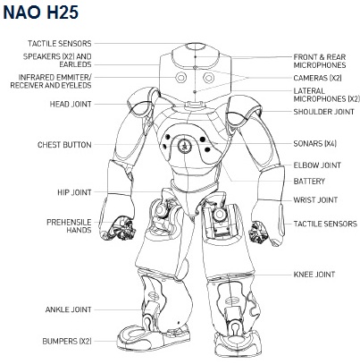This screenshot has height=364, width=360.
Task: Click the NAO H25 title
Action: coord(41,13)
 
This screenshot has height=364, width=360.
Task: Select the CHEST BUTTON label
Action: coord(64,145)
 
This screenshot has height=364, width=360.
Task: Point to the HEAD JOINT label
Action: coord(71,104)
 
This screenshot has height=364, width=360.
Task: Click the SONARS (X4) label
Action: coord(314,143)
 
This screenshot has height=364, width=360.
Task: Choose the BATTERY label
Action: coord(309,181)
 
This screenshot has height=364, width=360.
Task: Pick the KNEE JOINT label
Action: coord(314,274)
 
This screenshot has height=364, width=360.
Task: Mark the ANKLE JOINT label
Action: coord(68,309)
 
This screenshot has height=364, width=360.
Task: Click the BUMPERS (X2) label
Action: coord(67,341)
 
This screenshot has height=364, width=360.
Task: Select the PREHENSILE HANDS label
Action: coord(69,226)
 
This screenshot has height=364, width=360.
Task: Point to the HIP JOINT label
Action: coord(74,192)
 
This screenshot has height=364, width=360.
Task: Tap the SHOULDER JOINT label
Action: coord(323,112)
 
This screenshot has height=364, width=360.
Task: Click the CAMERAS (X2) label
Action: coord(317,78)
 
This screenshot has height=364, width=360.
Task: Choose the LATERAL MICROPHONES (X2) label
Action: coord(327,95)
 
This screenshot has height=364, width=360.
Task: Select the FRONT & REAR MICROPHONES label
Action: coord(320,61)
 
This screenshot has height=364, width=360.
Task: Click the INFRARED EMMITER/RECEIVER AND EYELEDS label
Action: coord(51,81)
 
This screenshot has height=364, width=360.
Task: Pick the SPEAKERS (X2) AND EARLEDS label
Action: coord(57,60)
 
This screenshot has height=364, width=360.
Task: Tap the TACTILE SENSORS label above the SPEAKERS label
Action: coord(60,44)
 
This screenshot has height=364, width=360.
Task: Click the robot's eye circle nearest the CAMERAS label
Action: coord(208,78)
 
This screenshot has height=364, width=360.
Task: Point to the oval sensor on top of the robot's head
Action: coord(196,47)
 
